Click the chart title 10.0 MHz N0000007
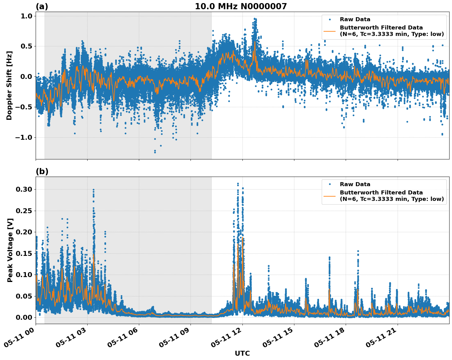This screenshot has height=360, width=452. click(241, 6)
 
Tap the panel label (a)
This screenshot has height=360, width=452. click(42, 6)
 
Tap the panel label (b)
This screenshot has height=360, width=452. click(42, 172)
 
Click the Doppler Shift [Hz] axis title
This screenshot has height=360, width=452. click(9, 85)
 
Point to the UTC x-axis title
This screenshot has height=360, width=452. click(242, 354)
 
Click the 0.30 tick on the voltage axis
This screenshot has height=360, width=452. click(24, 190)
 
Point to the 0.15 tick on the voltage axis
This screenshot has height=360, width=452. click(24, 253)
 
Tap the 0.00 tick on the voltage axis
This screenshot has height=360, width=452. click(24, 317)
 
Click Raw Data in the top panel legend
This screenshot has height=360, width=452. click(355, 19)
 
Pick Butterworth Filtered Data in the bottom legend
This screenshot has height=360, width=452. click(381, 193)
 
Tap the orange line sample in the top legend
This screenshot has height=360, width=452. click(329, 31)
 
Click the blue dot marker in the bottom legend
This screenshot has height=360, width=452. click(330, 184)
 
